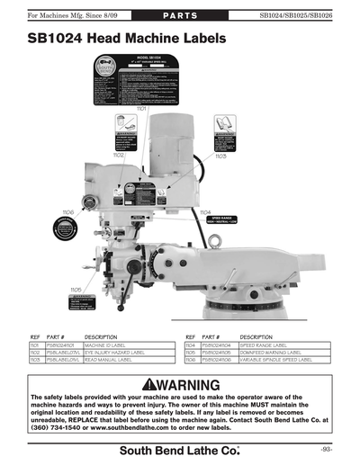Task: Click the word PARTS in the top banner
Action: tap(181, 16)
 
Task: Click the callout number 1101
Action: tap(142, 109)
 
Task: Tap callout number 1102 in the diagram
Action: tap(119, 155)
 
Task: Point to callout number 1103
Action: tap(220, 156)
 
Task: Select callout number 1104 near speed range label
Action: tap(205, 211)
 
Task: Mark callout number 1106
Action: tap(68, 211)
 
